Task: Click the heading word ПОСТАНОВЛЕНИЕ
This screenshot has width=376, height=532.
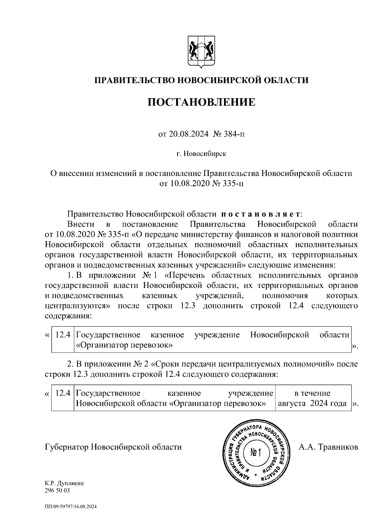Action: [201, 102]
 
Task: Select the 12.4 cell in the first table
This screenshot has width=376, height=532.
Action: [62, 335]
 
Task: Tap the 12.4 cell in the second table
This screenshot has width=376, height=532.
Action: [62, 393]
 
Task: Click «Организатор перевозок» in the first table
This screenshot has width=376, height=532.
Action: [124, 345]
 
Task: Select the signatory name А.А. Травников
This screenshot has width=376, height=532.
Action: [328, 447]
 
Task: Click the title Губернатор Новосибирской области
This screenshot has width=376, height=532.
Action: [113, 447]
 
